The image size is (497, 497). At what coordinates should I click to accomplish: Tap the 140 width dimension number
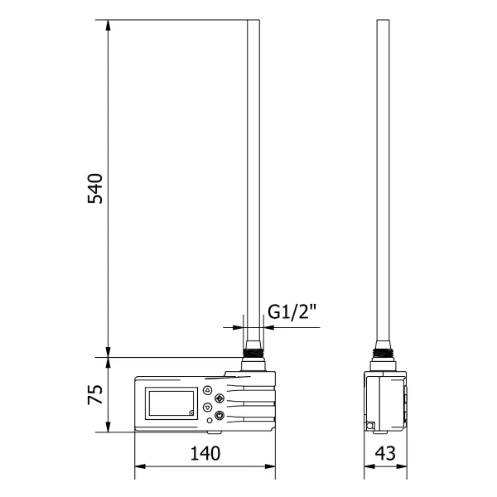[205, 454]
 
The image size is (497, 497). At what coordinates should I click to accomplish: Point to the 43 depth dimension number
[386, 454]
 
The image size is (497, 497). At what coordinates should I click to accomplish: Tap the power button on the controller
[219, 416]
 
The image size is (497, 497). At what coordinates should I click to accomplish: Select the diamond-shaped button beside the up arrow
[219, 398]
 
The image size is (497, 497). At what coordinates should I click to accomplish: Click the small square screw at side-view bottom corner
[370, 427]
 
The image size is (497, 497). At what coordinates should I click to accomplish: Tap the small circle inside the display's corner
[191, 413]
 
